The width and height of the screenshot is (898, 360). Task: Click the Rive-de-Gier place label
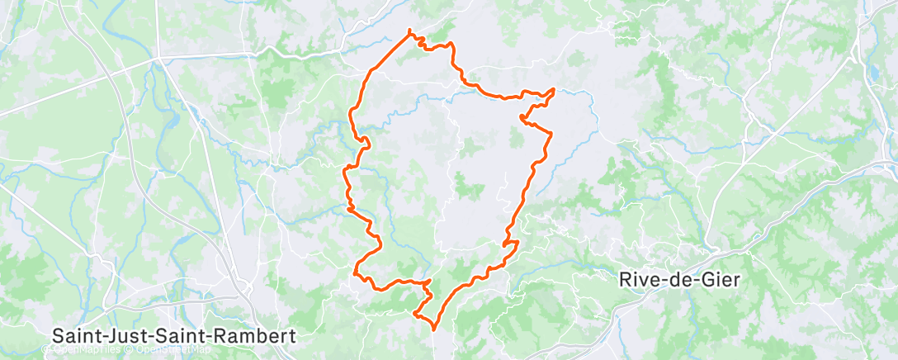point(679,279)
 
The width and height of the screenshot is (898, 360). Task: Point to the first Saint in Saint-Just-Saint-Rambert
point(77,336)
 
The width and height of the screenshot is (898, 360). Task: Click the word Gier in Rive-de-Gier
point(722,279)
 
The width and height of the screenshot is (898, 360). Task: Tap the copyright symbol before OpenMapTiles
point(49,350)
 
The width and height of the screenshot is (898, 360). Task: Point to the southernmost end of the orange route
point(434,329)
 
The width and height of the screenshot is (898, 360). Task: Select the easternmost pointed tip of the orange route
point(553,89)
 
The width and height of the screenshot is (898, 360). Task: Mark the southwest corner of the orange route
point(356,272)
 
